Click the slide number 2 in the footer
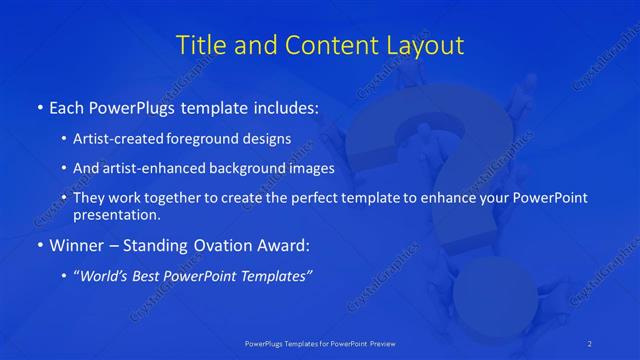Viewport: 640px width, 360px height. pyautogui.click(x=590, y=343)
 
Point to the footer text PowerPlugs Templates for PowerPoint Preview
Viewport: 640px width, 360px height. pyautogui.click(x=320, y=343)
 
